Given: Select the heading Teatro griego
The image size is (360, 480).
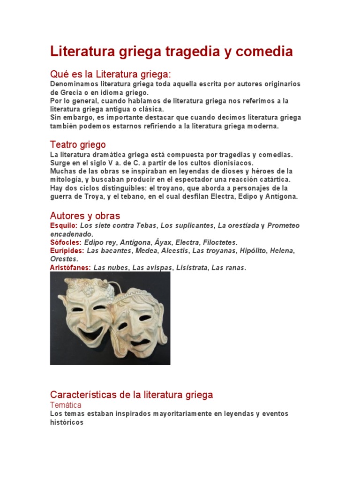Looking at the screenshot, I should (78, 144).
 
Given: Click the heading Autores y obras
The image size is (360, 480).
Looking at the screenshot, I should (85, 216).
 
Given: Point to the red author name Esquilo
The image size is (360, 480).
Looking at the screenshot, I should (63, 225).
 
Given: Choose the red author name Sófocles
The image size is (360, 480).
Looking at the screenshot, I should (66, 242).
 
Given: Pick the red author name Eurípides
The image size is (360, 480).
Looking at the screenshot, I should (67, 251).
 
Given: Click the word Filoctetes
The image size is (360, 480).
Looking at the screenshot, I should (220, 242).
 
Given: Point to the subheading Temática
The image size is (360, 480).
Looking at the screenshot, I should (66, 405).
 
